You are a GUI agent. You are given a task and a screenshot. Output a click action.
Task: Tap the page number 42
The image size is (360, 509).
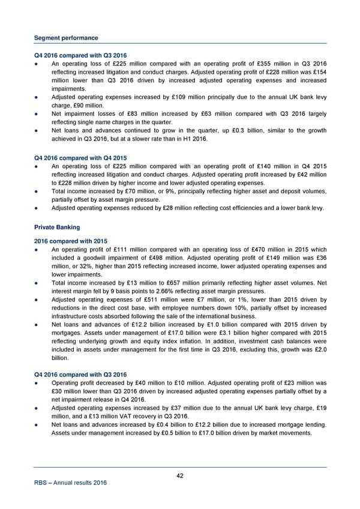[180, 476]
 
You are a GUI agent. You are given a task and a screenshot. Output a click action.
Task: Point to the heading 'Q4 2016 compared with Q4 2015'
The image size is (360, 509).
[80, 158]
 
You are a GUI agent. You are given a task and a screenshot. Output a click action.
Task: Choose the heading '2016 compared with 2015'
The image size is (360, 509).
[70, 241]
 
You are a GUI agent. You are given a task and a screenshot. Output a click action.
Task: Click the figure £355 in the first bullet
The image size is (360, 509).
[266, 65]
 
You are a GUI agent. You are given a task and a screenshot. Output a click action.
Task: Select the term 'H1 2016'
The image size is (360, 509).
[193, 139]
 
